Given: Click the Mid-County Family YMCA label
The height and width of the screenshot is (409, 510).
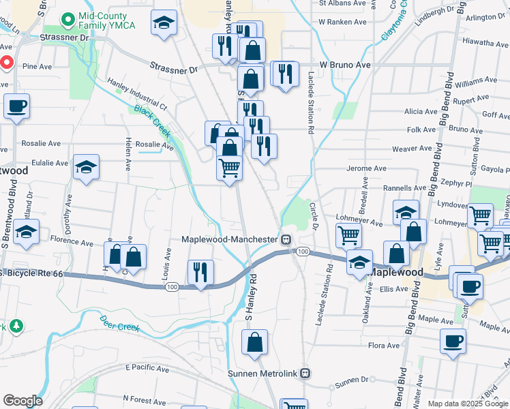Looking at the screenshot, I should coord(107,20).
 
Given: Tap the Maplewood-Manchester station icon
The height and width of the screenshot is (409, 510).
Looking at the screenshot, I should coord(288,239).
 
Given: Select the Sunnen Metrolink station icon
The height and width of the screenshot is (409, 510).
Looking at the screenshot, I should coord(305,373).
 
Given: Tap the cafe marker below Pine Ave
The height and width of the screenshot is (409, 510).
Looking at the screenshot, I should coord(16,107).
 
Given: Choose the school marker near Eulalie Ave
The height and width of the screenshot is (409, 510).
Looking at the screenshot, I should coord(86,167).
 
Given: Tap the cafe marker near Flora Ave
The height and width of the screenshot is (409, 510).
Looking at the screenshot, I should coord(453,342).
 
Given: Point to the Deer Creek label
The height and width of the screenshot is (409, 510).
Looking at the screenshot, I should coord(119,323).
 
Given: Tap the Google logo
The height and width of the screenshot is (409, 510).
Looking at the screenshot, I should coord(22,401).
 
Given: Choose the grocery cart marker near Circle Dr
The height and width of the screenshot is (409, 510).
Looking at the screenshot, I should coord(348,236).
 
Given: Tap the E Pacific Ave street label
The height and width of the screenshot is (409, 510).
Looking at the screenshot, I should coord(147,369).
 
